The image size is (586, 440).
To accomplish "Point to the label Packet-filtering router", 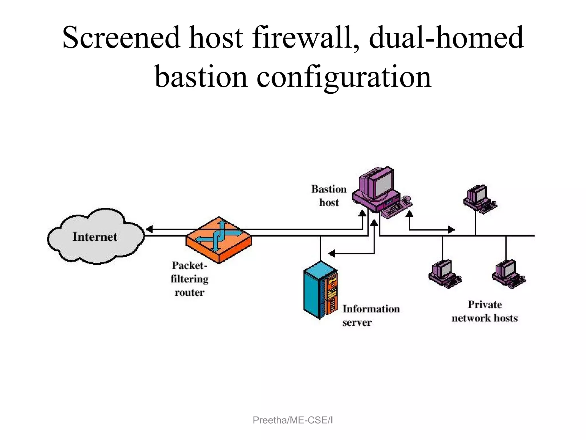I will coord(189,279).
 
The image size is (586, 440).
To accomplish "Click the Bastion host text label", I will coord(329,196).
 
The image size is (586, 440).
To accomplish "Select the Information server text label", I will coord(371,315).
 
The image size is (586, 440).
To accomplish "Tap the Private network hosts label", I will coord(485,311).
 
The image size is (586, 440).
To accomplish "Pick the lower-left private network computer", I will coord(444,274).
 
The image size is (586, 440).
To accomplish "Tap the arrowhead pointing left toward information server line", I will coord(332,254).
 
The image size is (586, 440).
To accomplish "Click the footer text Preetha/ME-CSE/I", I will coord(293,420).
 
